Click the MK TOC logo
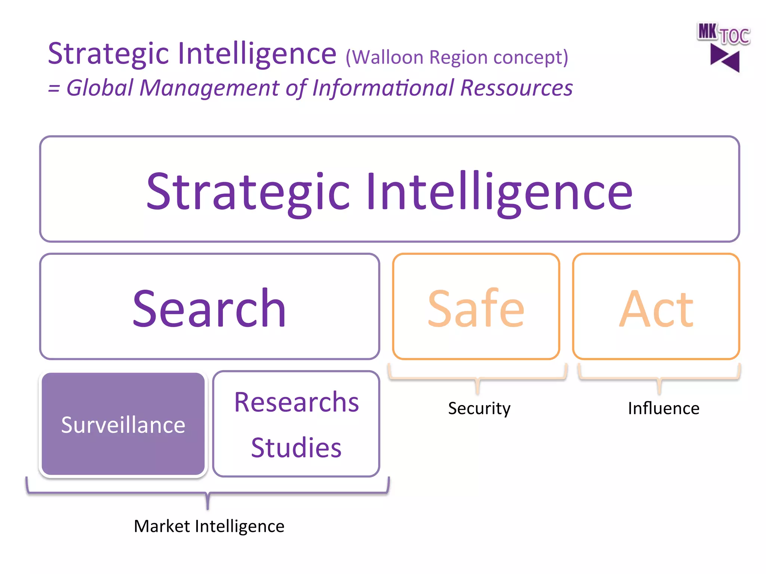[x=723, y=34]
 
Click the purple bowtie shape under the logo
[x=724, y=58]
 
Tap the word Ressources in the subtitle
[x=516, y=88]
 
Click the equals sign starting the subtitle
[x=54, y=89]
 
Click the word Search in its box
[x=209, y=308]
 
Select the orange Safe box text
[x=476, y=308]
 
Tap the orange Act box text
[x=656, y=308]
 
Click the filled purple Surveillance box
[x=123, y=424]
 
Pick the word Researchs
[x=296, y=402]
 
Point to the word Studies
[x=296, y=447]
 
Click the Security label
[x=479, y=408]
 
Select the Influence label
[x=664, y=408]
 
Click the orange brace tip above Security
[x=478, y=391]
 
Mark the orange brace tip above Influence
[x=659, y=391]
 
